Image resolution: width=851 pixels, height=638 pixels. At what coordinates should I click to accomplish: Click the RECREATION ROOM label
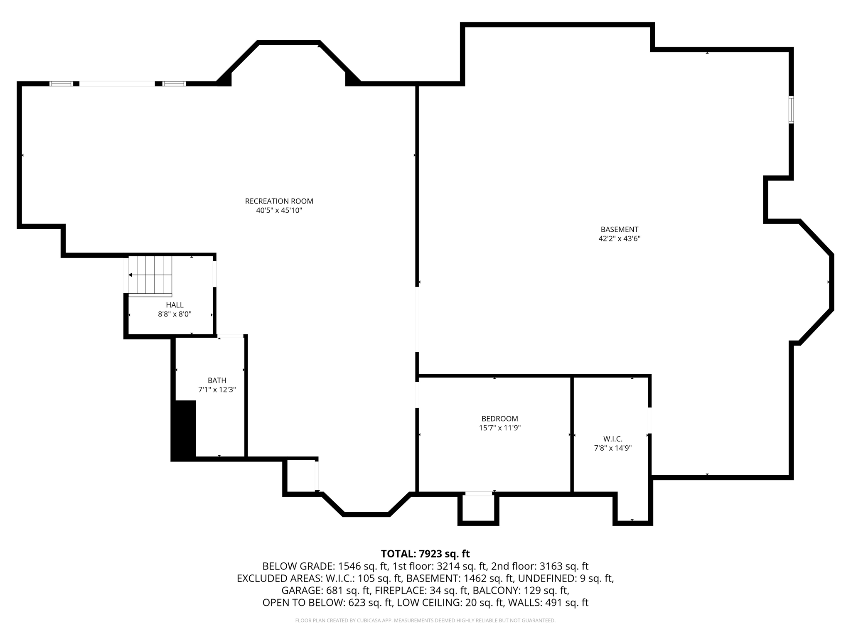[x=279, y=201]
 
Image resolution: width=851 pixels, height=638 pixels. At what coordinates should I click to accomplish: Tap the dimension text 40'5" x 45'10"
[x=279, y=211]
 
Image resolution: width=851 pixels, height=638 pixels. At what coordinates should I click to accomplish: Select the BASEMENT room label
[x=619, y=229]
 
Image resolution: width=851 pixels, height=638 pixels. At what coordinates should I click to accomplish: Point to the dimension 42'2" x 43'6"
[x=619, y=239]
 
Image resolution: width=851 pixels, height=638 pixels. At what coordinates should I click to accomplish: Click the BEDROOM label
[x=499, y=419]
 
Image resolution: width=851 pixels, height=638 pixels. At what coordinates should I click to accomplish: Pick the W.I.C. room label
[x=612, y=439]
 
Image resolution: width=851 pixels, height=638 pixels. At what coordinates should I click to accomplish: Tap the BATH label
[x=217, y=380]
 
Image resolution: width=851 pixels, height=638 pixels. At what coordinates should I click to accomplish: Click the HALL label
[x=175, y=305]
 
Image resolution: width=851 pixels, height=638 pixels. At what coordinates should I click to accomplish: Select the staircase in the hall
[x=150, y=275]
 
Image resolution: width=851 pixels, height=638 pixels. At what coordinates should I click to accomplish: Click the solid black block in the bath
[x=184, y=430]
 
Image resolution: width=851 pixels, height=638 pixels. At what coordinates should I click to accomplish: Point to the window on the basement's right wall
[x=791, y=110]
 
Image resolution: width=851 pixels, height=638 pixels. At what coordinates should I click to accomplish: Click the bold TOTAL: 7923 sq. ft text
[x=425, y=554]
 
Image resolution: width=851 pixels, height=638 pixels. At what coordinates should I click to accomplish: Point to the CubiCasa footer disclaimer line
[x=425, y=621]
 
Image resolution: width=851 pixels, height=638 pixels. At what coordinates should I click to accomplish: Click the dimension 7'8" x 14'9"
[x=612, y=448]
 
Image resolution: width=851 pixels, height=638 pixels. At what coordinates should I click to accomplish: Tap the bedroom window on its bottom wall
[x=478, y=493]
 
